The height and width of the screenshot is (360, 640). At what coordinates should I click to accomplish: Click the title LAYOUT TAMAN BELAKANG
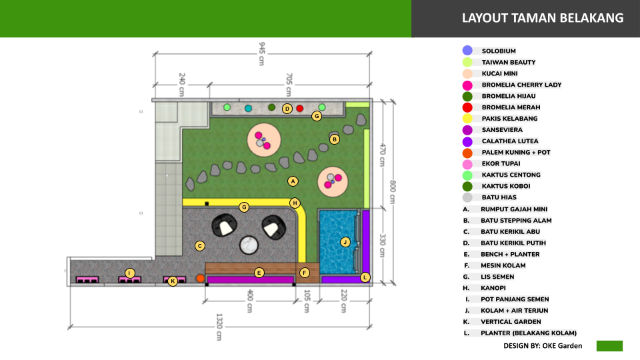(x=543, y=18)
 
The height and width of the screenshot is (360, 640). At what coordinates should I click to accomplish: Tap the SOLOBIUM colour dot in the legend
(x=467, y=51)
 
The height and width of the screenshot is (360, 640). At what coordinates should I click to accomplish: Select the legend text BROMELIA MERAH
(x=511, y=107)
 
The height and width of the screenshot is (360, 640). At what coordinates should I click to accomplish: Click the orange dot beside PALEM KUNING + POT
(x=467, y=153)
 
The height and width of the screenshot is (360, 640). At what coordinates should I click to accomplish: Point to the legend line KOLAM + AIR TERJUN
(x=514, y=311)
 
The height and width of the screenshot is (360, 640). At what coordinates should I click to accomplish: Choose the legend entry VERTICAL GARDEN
(x=511, y=321)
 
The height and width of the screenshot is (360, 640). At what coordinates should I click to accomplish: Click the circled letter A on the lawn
(x=293, y=181)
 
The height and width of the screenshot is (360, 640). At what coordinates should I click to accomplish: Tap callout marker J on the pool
(x=345, y=242)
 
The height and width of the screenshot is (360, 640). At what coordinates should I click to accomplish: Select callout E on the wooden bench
(x=259, y=273)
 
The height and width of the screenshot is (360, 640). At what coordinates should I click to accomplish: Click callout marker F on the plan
(x=304, y=273)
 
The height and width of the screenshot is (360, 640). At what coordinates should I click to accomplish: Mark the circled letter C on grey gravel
(x=199, y=246)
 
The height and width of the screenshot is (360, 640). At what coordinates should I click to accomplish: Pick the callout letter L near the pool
(x=365, y=277)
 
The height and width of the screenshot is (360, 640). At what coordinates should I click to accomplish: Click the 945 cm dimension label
(x=261, y=53)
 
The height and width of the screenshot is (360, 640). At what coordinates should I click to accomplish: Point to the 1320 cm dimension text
(x=219, y=327)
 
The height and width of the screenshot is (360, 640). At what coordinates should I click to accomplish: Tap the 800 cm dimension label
(x=392, y=192)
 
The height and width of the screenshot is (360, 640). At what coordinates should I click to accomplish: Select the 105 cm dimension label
(x=307, y=301)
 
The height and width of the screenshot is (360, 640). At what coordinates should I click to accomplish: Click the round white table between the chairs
(x=249, y=245)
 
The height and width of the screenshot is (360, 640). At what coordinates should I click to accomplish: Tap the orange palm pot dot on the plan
(x=200, y=279)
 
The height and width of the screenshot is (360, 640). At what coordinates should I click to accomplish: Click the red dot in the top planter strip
(x=299, y=108)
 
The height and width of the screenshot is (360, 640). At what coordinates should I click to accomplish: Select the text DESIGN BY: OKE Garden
(x=543, y=346)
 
